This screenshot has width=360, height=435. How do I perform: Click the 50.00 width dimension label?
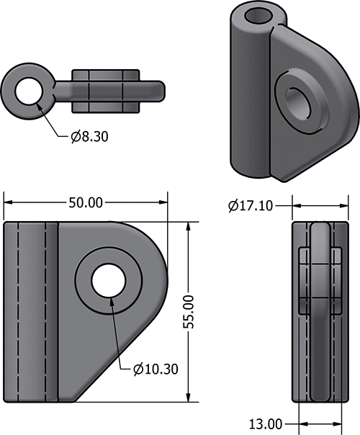(85, 202)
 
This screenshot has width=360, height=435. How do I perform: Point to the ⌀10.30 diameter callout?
(156, 369)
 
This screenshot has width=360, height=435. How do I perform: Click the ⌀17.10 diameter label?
(250, 206)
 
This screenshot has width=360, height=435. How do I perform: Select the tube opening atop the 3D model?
(257, 17)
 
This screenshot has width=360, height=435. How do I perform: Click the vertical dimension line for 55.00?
(189, 259)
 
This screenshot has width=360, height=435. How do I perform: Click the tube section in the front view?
(30, 310)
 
